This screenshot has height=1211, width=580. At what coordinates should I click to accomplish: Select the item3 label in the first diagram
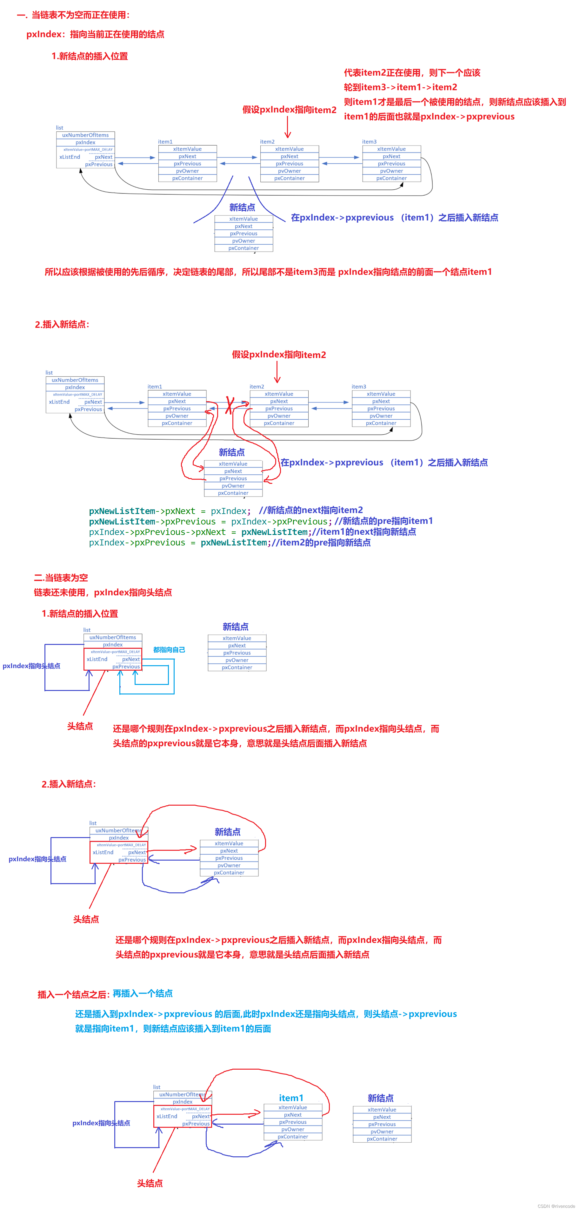(369, 141)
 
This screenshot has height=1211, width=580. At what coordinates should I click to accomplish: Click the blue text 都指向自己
(169, 650)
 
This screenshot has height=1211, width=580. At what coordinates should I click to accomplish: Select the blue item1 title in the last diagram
(291, 1098)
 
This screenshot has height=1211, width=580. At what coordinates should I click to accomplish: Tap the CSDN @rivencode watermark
(556, 1206)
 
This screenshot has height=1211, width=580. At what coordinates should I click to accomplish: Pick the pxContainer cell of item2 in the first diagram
(289, 178)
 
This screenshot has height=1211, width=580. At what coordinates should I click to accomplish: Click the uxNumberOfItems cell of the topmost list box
(85, 135)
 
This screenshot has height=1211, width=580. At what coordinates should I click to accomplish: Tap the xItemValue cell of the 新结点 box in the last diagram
(382, 1109)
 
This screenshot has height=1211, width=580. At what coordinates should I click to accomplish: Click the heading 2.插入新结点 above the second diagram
(62, 324)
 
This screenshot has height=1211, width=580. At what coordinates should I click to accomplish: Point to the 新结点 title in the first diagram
(242, 207)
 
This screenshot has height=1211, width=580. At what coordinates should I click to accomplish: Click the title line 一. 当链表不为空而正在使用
(73, 15)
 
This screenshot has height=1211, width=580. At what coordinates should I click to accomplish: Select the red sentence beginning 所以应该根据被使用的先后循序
(268, 272)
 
